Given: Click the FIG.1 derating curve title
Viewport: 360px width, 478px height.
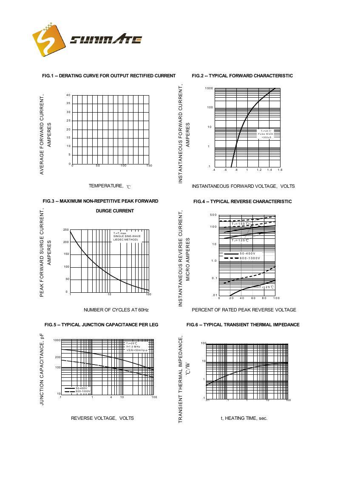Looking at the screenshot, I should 109,76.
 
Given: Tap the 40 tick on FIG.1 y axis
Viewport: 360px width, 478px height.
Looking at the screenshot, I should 68,95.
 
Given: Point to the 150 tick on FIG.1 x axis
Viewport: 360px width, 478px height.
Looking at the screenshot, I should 149,166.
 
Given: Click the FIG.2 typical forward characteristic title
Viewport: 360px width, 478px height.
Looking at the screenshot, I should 242,76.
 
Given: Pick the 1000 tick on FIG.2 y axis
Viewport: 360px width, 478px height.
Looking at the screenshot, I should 209,88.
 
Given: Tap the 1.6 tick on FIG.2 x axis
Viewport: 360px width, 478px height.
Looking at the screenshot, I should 280,170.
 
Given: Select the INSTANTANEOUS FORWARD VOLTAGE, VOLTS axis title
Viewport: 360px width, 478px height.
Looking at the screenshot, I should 243,186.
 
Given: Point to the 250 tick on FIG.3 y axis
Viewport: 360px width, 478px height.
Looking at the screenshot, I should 66,230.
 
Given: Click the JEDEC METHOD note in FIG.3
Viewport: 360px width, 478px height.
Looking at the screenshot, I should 125,240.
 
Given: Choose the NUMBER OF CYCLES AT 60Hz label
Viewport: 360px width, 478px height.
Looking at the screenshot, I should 116,310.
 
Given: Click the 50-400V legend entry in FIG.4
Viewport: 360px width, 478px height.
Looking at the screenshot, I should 247,253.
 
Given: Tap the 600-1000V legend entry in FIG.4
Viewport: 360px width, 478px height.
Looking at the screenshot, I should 249,258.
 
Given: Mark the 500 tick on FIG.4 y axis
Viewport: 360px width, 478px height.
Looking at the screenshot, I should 213,215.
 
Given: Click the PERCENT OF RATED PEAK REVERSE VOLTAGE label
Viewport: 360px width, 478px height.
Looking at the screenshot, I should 244,310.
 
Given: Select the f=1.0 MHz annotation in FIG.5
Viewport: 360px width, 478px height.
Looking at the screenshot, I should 133,347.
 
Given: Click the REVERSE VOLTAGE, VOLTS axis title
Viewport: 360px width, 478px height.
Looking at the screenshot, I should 102,418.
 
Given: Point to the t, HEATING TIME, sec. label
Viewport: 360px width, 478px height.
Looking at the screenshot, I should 244,418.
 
